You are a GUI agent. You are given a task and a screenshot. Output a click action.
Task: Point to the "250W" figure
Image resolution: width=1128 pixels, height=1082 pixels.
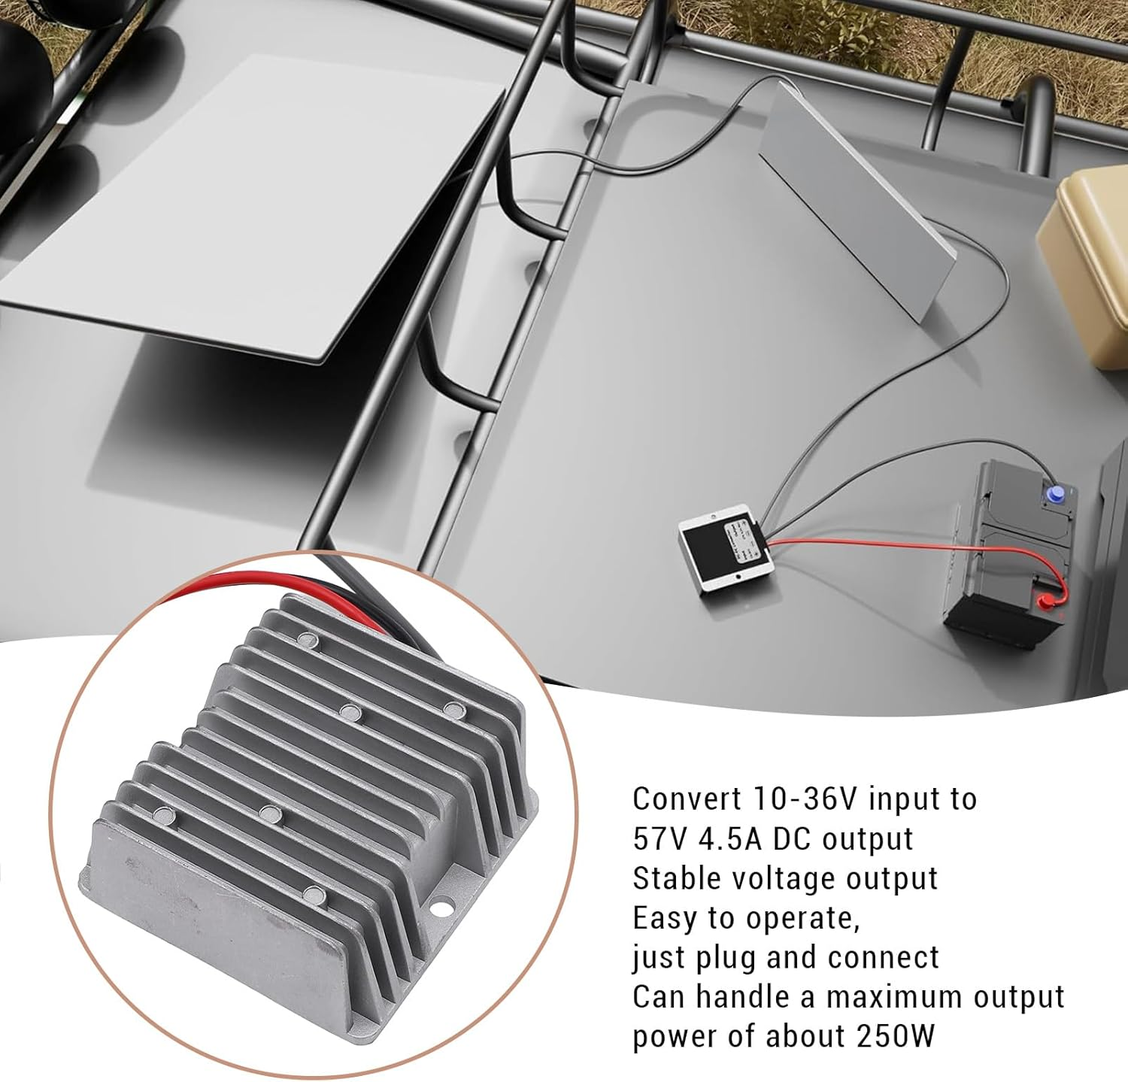pos(895,1036)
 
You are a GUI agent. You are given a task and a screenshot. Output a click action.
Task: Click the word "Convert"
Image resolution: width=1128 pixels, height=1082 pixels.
pos(687,799)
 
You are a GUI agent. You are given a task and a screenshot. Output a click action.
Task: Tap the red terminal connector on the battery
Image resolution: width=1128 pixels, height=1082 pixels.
pos(1045,601)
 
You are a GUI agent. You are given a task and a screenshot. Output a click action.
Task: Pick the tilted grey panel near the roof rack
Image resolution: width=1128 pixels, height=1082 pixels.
pos(857,199)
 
